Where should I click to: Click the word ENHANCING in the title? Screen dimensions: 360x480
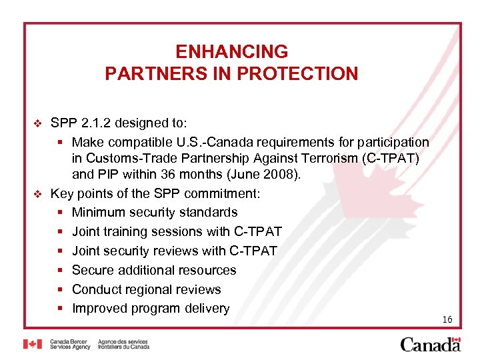[231, 51]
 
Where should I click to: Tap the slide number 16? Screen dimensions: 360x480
[447, 320]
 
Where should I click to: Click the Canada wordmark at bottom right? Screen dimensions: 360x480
[430, 344]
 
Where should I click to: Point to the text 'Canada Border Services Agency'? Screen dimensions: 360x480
[70, 344]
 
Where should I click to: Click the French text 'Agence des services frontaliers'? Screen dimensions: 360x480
[123, 344]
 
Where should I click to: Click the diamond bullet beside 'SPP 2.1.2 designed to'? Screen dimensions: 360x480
[37, 123]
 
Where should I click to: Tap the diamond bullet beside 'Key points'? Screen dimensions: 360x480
[37, 194]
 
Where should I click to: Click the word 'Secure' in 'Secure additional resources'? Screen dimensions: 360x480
[92, 270]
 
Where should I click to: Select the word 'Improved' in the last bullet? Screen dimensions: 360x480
[99, 309]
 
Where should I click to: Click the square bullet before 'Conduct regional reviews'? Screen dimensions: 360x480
[60, 289]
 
